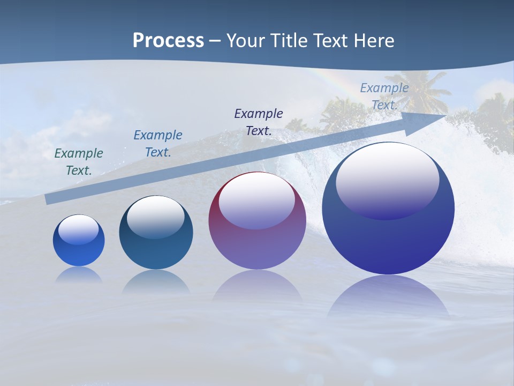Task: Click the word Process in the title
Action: click(168, 41)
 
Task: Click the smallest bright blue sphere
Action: click(79, 241)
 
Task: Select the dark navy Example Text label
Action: click(259, 122)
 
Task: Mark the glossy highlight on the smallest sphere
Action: click(78, 229)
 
